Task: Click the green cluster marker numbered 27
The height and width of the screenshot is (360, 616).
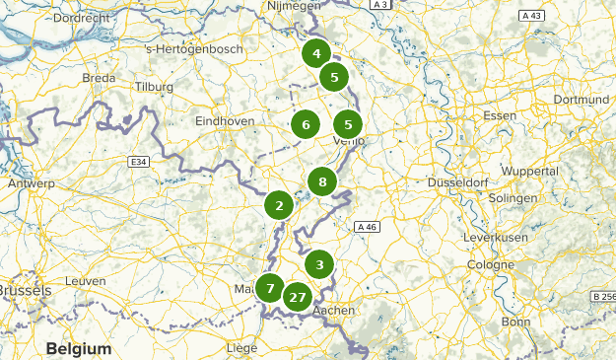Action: [x=298, y=296]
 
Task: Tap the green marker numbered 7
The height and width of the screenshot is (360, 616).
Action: [x=270, y=288]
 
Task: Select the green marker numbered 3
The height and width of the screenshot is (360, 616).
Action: [x=318, y=264]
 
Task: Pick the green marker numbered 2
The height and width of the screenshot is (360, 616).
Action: [x=280, y=205]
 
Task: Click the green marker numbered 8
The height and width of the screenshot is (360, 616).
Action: [x=322, y=181]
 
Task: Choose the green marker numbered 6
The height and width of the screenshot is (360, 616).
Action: [x=306, y=124]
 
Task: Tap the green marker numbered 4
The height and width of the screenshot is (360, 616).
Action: [x=316, y=54]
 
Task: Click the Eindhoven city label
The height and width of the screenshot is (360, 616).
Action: [x=226, y=120]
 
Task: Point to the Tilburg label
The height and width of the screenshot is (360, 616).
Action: [x=155, y=87]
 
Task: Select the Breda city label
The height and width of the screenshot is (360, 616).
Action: [x=100, y=77]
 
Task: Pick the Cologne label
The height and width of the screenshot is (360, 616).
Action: [x=491, y=265]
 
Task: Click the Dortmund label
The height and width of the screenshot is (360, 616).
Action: [x=582, y=99]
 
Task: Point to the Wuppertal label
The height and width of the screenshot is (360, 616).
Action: [x=529, y=171]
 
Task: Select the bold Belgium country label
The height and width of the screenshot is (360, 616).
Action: [x=79, y=349]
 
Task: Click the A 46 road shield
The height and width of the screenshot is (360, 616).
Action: [x=368, y=227]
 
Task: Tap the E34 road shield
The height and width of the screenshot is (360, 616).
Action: [x=138, y=160]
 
